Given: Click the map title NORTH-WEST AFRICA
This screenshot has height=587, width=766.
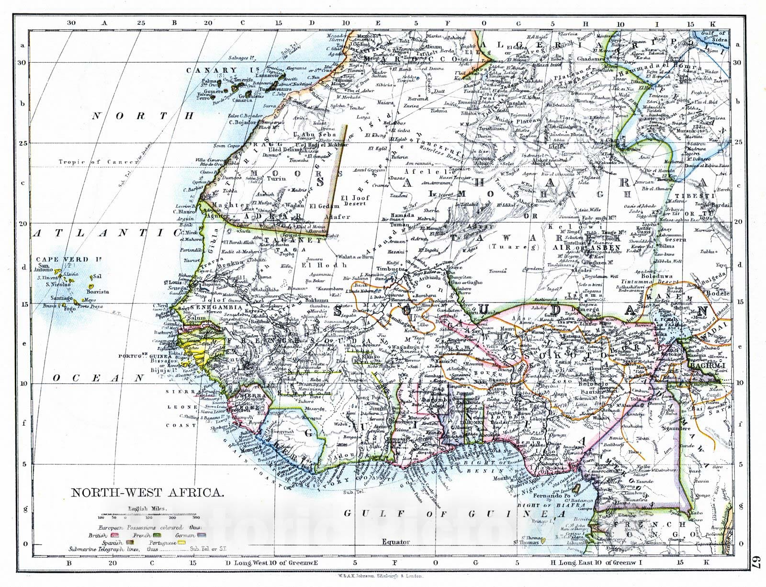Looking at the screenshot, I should (147, 493).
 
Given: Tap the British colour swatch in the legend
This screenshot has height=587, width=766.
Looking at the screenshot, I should (115, 534).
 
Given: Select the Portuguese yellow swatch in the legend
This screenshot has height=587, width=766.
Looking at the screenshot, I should (181, 543).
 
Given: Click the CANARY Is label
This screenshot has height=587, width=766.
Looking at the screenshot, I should (212, 70).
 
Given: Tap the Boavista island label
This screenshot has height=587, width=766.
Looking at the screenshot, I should (98, 291).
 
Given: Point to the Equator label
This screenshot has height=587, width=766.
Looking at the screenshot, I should (395, 542).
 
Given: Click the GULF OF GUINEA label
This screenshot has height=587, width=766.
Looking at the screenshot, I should (454, 514).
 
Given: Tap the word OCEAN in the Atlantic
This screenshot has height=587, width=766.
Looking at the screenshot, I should (98, 378).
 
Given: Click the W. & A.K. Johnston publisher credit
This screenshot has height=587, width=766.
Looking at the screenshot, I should (381, 576).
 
